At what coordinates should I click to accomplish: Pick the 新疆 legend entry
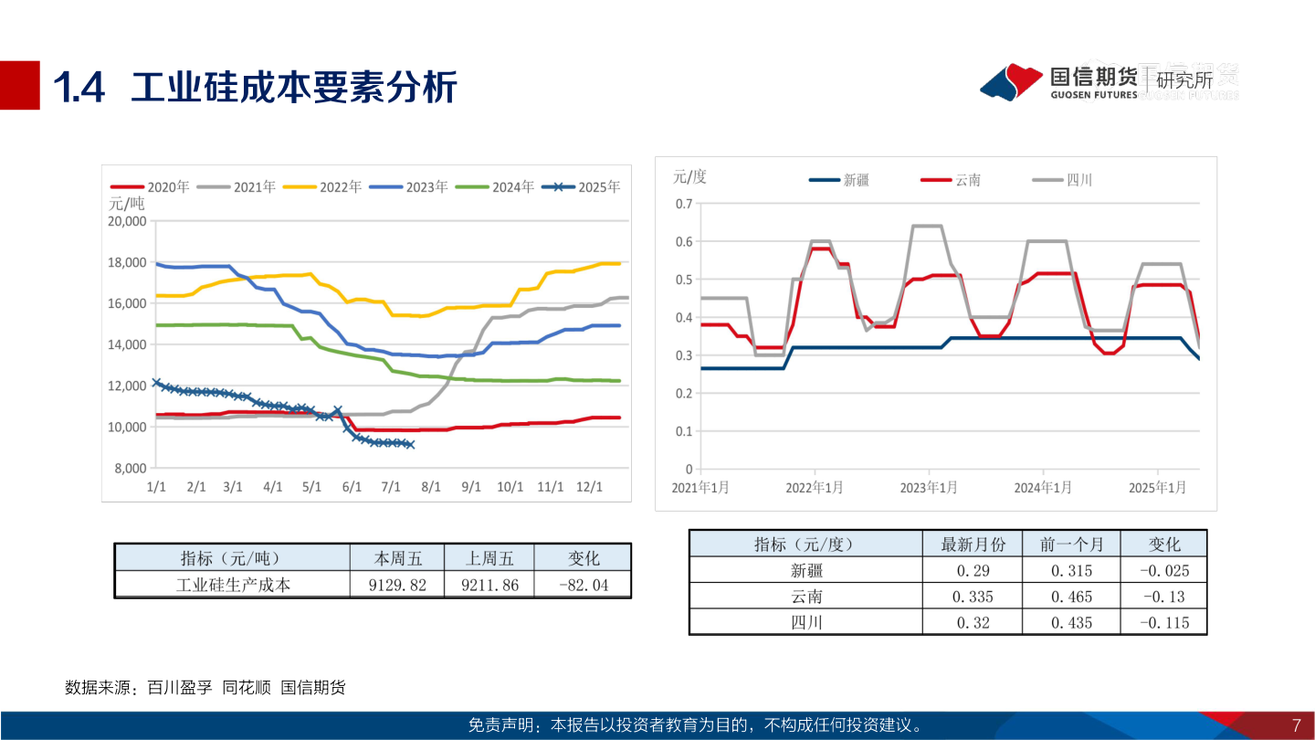[x=839, y=180]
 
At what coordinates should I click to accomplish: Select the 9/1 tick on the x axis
[x=471, y=487]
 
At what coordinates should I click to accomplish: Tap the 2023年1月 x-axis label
[x=929, y=488]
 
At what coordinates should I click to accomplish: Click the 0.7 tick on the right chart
[x=683, y=203]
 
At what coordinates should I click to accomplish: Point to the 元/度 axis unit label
[x=689, y=176]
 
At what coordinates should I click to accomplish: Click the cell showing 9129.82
[x=396, y=585]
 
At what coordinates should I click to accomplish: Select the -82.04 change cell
[x=583, y=585]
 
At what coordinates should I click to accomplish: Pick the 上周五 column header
[x=489, y=558]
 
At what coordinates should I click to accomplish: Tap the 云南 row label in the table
[x=806, y=597]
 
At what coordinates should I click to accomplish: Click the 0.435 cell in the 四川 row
[x=1071, y=623]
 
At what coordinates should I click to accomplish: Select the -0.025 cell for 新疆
[x=1163, y=571]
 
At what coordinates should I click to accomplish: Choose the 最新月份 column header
[x=973, y=544]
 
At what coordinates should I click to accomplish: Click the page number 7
[x=1296, y=726]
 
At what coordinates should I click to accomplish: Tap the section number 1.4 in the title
[x=79, y=88]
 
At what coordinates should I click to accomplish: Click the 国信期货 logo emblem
[x=1011, y=82]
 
